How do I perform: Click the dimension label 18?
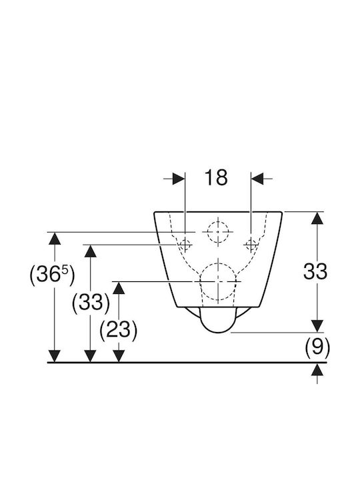click(x=216, y=177)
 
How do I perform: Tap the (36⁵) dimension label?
click(x=52, y=274)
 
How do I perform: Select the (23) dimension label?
click(x=119, y=330)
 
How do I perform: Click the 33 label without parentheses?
click(x=315, y=271)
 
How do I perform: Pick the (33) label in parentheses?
click(x=91, y=303)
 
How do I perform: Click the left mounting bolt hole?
click(x=185, y=245)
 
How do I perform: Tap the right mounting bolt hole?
click(x=251, y=245)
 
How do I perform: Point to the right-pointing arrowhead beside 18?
click(x=179, y=179)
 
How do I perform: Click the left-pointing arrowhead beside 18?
click(x=257, y=179)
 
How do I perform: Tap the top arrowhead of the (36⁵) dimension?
click(x=55, y=239)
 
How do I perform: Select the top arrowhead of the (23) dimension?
click(x=119, y=288)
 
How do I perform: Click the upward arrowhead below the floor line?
click(x=317, y=369)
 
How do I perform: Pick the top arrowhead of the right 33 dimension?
click(x=317, y=218)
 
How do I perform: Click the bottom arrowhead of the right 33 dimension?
click(x=317, y=326)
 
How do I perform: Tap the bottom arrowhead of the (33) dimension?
click(x=90, y=356)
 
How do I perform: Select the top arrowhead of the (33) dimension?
click(x=90, y=251)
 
